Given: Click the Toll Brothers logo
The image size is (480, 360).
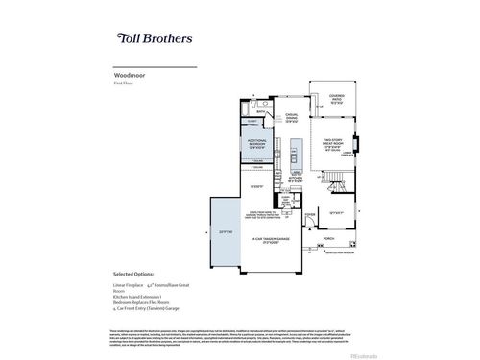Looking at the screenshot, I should pyautogui.click(x=155, y=39).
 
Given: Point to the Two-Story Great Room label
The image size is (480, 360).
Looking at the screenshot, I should pyautogui.click(x=332, y=144).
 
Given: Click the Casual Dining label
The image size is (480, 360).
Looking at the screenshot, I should pyautogui.click(x=293, y=118).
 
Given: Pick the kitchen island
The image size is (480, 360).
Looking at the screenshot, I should pyautogui.click(x=298, y=154).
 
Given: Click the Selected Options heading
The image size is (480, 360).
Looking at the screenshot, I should pyautogui.click(x=137, y=274).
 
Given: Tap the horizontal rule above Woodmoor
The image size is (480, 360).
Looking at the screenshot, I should pyautogui.click(x=155, y=67).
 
